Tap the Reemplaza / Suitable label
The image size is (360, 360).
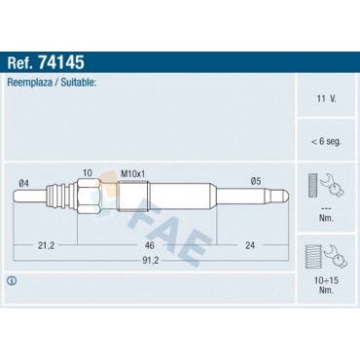click(x=54, y=85)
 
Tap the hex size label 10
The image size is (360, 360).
click(x=88, y=173)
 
